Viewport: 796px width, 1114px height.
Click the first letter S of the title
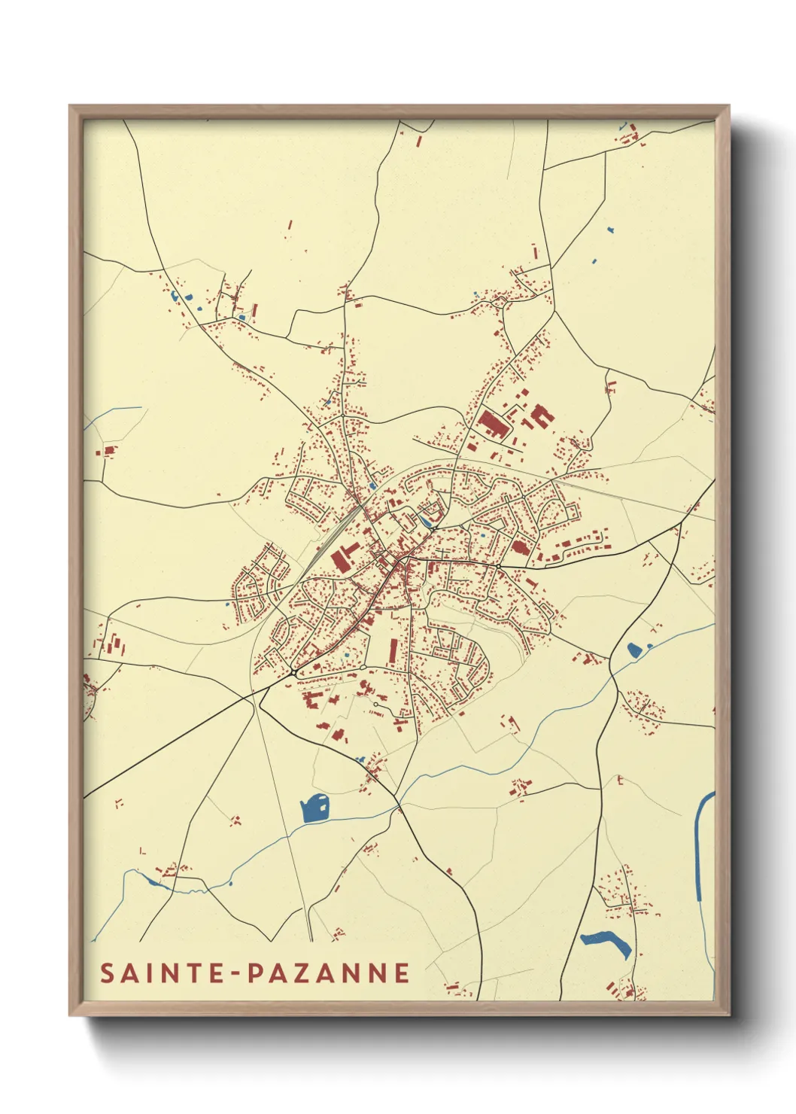pos(108,973)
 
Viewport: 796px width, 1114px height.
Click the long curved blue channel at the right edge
pos(700,843)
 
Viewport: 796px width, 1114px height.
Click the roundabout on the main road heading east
pos(498,566)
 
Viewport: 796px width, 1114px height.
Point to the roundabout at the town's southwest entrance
pos(292,672)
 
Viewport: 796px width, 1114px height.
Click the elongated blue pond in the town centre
pos(427,520)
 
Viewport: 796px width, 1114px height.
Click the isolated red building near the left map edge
pos(108,452)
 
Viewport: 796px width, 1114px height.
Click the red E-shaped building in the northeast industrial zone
pos(541,415)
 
